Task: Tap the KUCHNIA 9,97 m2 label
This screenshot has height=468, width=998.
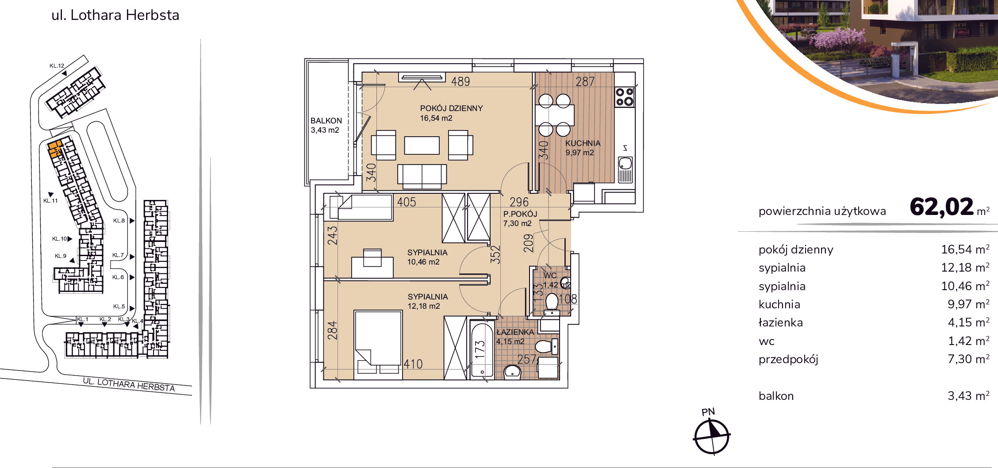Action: [x=583, y=148]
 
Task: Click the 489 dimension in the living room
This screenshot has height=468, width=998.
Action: [x=461, y=81]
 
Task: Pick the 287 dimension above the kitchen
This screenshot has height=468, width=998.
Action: [x=585, y=81]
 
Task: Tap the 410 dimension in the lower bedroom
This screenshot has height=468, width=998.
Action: [x=413, y=364]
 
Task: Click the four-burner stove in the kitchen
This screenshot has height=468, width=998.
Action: [x=625, y=97]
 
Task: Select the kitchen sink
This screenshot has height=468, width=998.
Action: [x=625, y=169]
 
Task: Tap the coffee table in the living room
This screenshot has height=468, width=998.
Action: [x=422, y=145]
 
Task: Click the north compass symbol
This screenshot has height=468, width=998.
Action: [x=711, y=436]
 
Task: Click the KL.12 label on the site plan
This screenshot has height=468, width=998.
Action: [x=57, y=66]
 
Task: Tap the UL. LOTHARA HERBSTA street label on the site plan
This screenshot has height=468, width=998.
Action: [x=129, y=384]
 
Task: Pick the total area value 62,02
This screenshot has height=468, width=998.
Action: [x=942, y=207]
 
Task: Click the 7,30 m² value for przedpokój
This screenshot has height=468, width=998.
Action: [x=968, y=359]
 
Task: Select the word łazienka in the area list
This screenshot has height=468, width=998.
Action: [x=781, y=322]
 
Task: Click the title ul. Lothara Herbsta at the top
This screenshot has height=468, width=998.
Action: [x=115, y=15]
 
